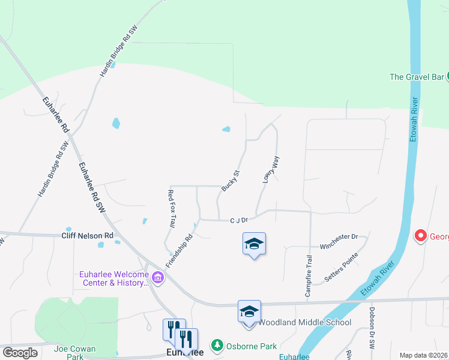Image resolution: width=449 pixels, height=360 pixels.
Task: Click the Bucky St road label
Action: pyautogui.click(x=231, y=181)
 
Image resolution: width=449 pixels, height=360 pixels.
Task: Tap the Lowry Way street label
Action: pyautogui.click(x=271, y=169)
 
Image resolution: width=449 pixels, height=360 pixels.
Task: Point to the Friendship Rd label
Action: pyautogui.click(x=179, y=251)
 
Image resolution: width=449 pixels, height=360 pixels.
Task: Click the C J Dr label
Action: pyautogui.click(x=239, y=220)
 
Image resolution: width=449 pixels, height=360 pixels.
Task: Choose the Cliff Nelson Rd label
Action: pyautogui.click(x=87, y=236)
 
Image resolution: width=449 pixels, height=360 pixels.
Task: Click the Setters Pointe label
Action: pyautogui.click(x=341, y=268)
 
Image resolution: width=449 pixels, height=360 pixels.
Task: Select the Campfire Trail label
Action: pyautogui.click(x=308, y=275)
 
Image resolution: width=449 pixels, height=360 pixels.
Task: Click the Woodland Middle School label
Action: pyautogui.click(x=304, y=322)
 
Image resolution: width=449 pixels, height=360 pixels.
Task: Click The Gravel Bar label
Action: pyautogui.click(x=417, y=77)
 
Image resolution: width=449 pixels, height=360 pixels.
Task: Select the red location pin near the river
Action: pyautogui.click(x=421, y=235)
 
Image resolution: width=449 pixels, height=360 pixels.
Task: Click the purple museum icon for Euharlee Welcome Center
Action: pyautogui.click(x=158, y=277)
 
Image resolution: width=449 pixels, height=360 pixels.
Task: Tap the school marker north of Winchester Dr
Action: pyautogui.click(x=254, y=244)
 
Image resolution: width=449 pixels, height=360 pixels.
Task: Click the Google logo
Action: pyautogui.click(x=20, y=353)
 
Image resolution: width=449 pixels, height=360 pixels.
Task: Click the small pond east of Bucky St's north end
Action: pyautogui.click(x=226, y=128)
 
